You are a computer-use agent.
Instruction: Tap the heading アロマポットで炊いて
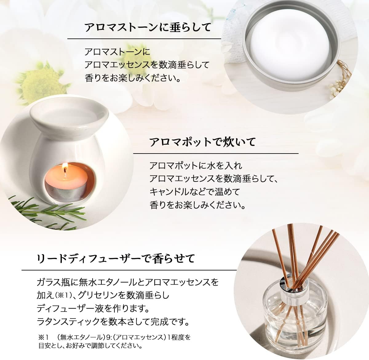[x=202, y=142]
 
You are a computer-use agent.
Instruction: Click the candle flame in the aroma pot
[x=65, y=168]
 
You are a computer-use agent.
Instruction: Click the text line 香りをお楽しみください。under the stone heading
[x=133, y=78]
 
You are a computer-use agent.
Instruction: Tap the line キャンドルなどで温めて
[x=195, y=192]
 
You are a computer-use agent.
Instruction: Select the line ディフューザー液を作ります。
[x=97, y=308]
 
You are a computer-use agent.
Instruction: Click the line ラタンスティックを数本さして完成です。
[x=113, y=322]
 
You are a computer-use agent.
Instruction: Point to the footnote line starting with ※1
[x=114, y=337]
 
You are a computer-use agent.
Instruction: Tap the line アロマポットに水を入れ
[x=196, y=166]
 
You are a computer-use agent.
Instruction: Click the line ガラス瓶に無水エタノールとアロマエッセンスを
[x=127, y=282]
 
